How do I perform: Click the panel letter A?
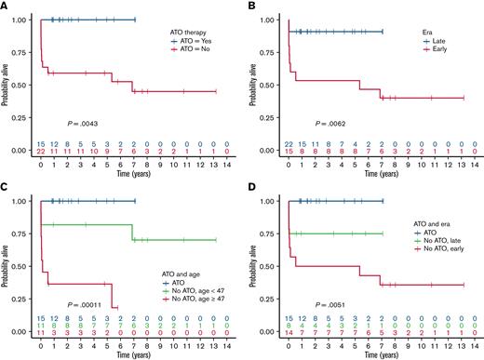5,6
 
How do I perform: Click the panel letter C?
5,187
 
